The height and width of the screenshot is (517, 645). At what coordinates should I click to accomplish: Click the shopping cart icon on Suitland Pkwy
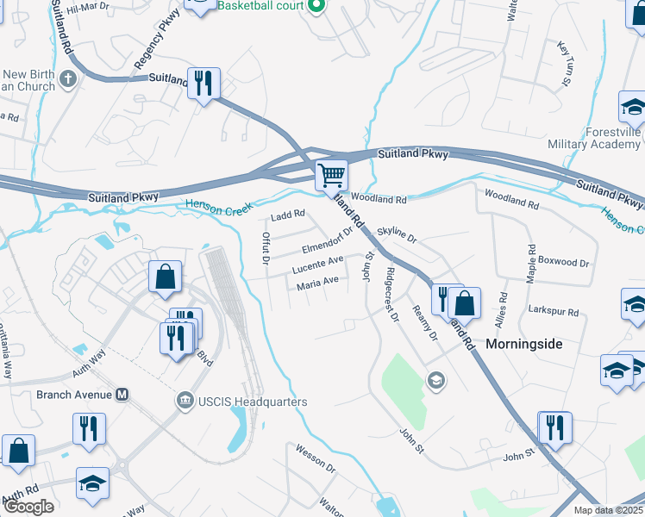[331, 175]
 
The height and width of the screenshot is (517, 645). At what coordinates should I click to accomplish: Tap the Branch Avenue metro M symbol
[122, 395]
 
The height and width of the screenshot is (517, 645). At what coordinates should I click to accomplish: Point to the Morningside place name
[523, 344]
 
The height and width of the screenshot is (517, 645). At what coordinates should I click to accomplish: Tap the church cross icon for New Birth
[68, 80]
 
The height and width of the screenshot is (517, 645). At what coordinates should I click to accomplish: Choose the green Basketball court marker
[316, 6]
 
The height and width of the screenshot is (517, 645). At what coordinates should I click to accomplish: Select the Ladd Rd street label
[288, 215]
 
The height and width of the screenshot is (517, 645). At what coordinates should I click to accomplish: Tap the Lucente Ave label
[317, 262]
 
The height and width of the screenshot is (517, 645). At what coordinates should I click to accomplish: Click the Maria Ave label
[317, 283]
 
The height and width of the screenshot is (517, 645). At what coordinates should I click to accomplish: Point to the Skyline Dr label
[397, 235]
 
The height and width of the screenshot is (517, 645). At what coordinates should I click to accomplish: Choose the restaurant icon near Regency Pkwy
[204, 84]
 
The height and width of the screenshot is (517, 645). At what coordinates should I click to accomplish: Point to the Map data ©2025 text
[609, 510]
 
